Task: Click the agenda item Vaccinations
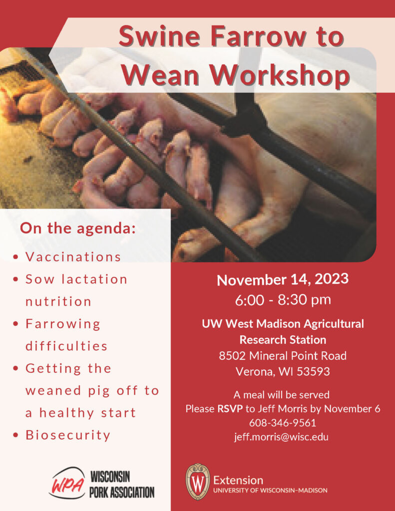[73, 256]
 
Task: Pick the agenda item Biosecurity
[68, 435]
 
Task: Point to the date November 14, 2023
[283, 279]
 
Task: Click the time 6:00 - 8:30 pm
[283, 300]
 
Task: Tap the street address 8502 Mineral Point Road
[283, 356]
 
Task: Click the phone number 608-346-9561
[283, 423]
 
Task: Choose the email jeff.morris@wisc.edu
[283, 437]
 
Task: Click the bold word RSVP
[230, 409]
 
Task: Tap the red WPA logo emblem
[66, 483]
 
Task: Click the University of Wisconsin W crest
[197, 482]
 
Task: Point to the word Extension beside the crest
[238, 480]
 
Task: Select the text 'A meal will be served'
[283, 395]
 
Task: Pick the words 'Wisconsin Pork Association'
[122, 484]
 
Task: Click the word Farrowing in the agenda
[63, 324]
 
